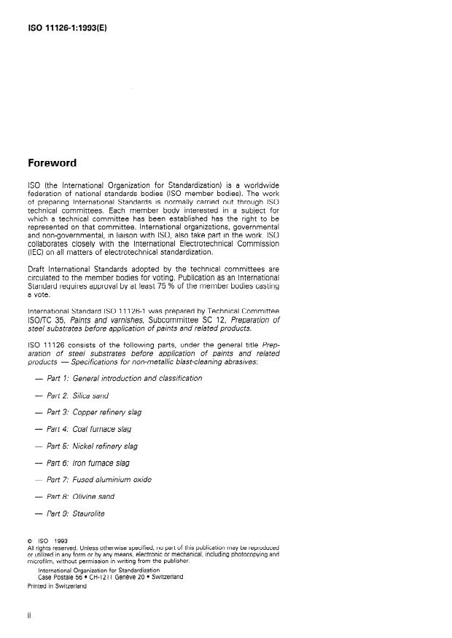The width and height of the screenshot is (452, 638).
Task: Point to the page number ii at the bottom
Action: pos(29,615)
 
